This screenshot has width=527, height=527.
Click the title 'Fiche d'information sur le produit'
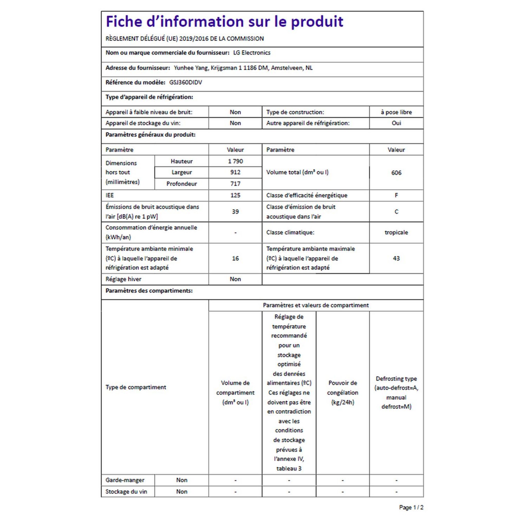(x=224, y=22)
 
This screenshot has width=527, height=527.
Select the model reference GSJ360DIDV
(x=186, y=82)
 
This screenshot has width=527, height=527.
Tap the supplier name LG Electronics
(x=252, y=53)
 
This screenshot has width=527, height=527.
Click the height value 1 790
(x=235, y=161)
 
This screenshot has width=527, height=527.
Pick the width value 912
(x=235, y=172)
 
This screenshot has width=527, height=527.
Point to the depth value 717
(x=235, y=184)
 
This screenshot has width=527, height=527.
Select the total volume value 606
(x=396, y=173)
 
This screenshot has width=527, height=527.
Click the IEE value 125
(x=235, y=195)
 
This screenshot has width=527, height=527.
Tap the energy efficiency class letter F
(x=396, y=195)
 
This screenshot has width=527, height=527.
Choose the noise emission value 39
(x=235, y=212)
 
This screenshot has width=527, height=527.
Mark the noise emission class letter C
(x=396, y=212)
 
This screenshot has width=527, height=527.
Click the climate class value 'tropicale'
(x=396, y=232)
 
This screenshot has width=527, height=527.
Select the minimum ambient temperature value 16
(x=235, y=258)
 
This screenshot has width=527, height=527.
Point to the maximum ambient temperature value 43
(x=396, y=258)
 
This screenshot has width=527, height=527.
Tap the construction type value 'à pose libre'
(x=396, y=112)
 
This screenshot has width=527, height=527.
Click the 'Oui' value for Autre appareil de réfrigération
(x=396, y=123)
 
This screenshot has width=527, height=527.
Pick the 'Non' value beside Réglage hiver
(x=235, y=279)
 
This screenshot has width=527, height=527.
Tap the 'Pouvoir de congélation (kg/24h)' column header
(x=342, y=392)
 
